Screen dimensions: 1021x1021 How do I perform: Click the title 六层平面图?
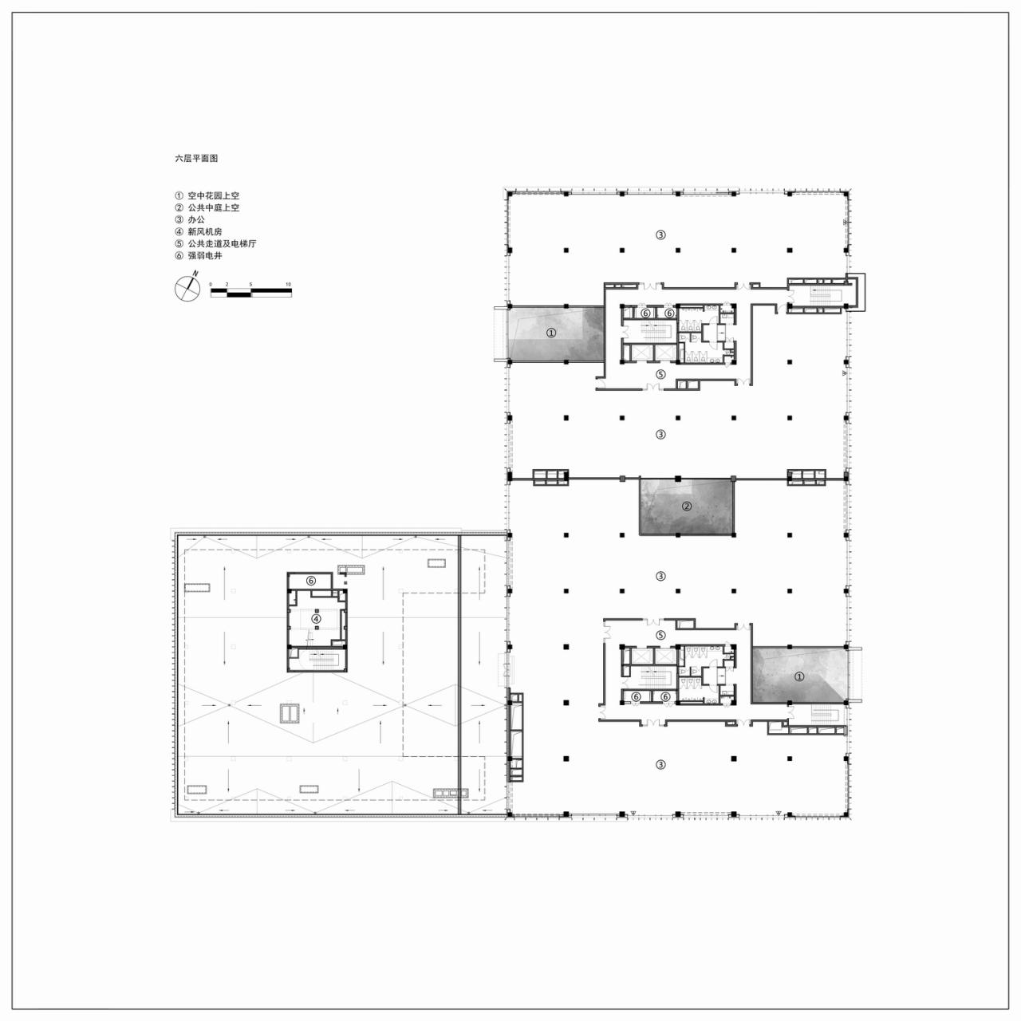(x=196, y=159)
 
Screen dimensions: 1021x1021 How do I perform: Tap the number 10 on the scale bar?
(x=288, y=284)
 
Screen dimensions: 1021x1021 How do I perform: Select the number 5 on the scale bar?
(x=250, y=284)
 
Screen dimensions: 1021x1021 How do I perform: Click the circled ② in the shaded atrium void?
(x=686, y=506)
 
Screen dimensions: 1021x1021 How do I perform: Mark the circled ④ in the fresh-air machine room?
(x=316, y=618)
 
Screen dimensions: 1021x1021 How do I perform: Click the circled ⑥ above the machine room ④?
(x=312, y=581)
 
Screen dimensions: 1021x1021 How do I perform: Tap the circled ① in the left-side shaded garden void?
(x=550, y=333)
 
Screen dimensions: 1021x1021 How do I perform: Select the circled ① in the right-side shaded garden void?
(x=799, y=676)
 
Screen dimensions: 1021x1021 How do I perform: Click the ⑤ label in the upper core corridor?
(x=660, y=374)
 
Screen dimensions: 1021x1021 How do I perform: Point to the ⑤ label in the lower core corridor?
(x=660, y=635)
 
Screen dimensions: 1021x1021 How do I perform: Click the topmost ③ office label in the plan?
(x=660, y=235)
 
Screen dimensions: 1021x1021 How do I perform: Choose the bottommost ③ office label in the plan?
(x=660, y=764)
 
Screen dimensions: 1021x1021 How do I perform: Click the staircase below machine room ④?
(x=318, y=660)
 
